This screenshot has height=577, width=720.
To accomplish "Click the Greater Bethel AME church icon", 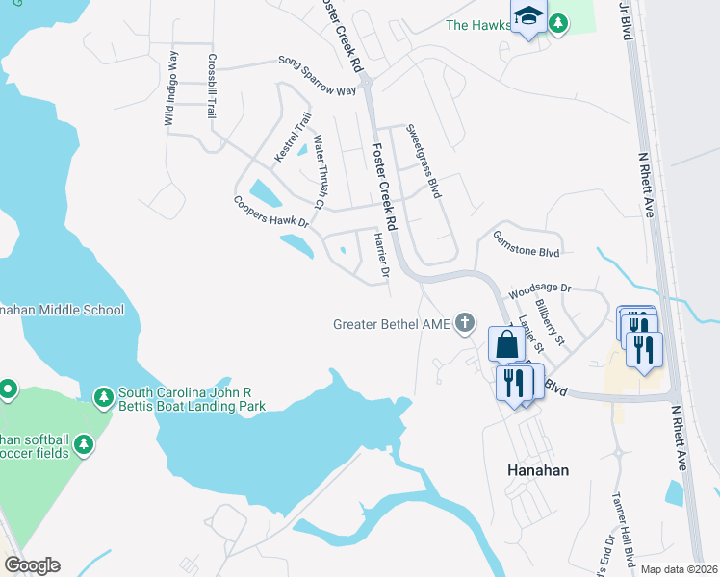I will pyautogui.click(x=465, y=323).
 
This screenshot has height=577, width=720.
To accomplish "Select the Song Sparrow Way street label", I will pyautogui.click(x=318, y=75).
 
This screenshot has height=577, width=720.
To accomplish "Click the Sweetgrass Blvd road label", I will pyautogui.click(x=423, y=161).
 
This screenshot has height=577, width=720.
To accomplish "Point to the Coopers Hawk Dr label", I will pyautogui.click(x=270, y=212).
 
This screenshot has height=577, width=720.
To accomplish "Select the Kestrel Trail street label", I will pyautogui.click(x=292, y=138).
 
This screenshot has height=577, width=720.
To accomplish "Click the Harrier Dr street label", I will pyautogui.click(x=379, y=255).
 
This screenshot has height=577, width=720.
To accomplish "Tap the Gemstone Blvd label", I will pyautogui.click(x=526, y=243).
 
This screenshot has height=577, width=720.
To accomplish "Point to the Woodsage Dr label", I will pyautogui.click(x=539, y=288).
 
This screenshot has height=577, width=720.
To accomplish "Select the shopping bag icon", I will pyautogui.click(x=506, y=343).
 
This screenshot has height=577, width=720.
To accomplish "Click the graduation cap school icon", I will pyautogui.click(x=527, y=16).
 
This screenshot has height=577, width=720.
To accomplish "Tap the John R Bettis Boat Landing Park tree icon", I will pyautogui.click(x=103, y=396).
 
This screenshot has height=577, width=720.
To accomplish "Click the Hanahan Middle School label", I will pyautogui.click(x=62, y=310).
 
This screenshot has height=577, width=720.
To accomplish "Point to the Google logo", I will pyautogui.click(x=32, y=565).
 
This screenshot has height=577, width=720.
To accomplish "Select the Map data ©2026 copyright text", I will pyautogui.click(x=679, y=568).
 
